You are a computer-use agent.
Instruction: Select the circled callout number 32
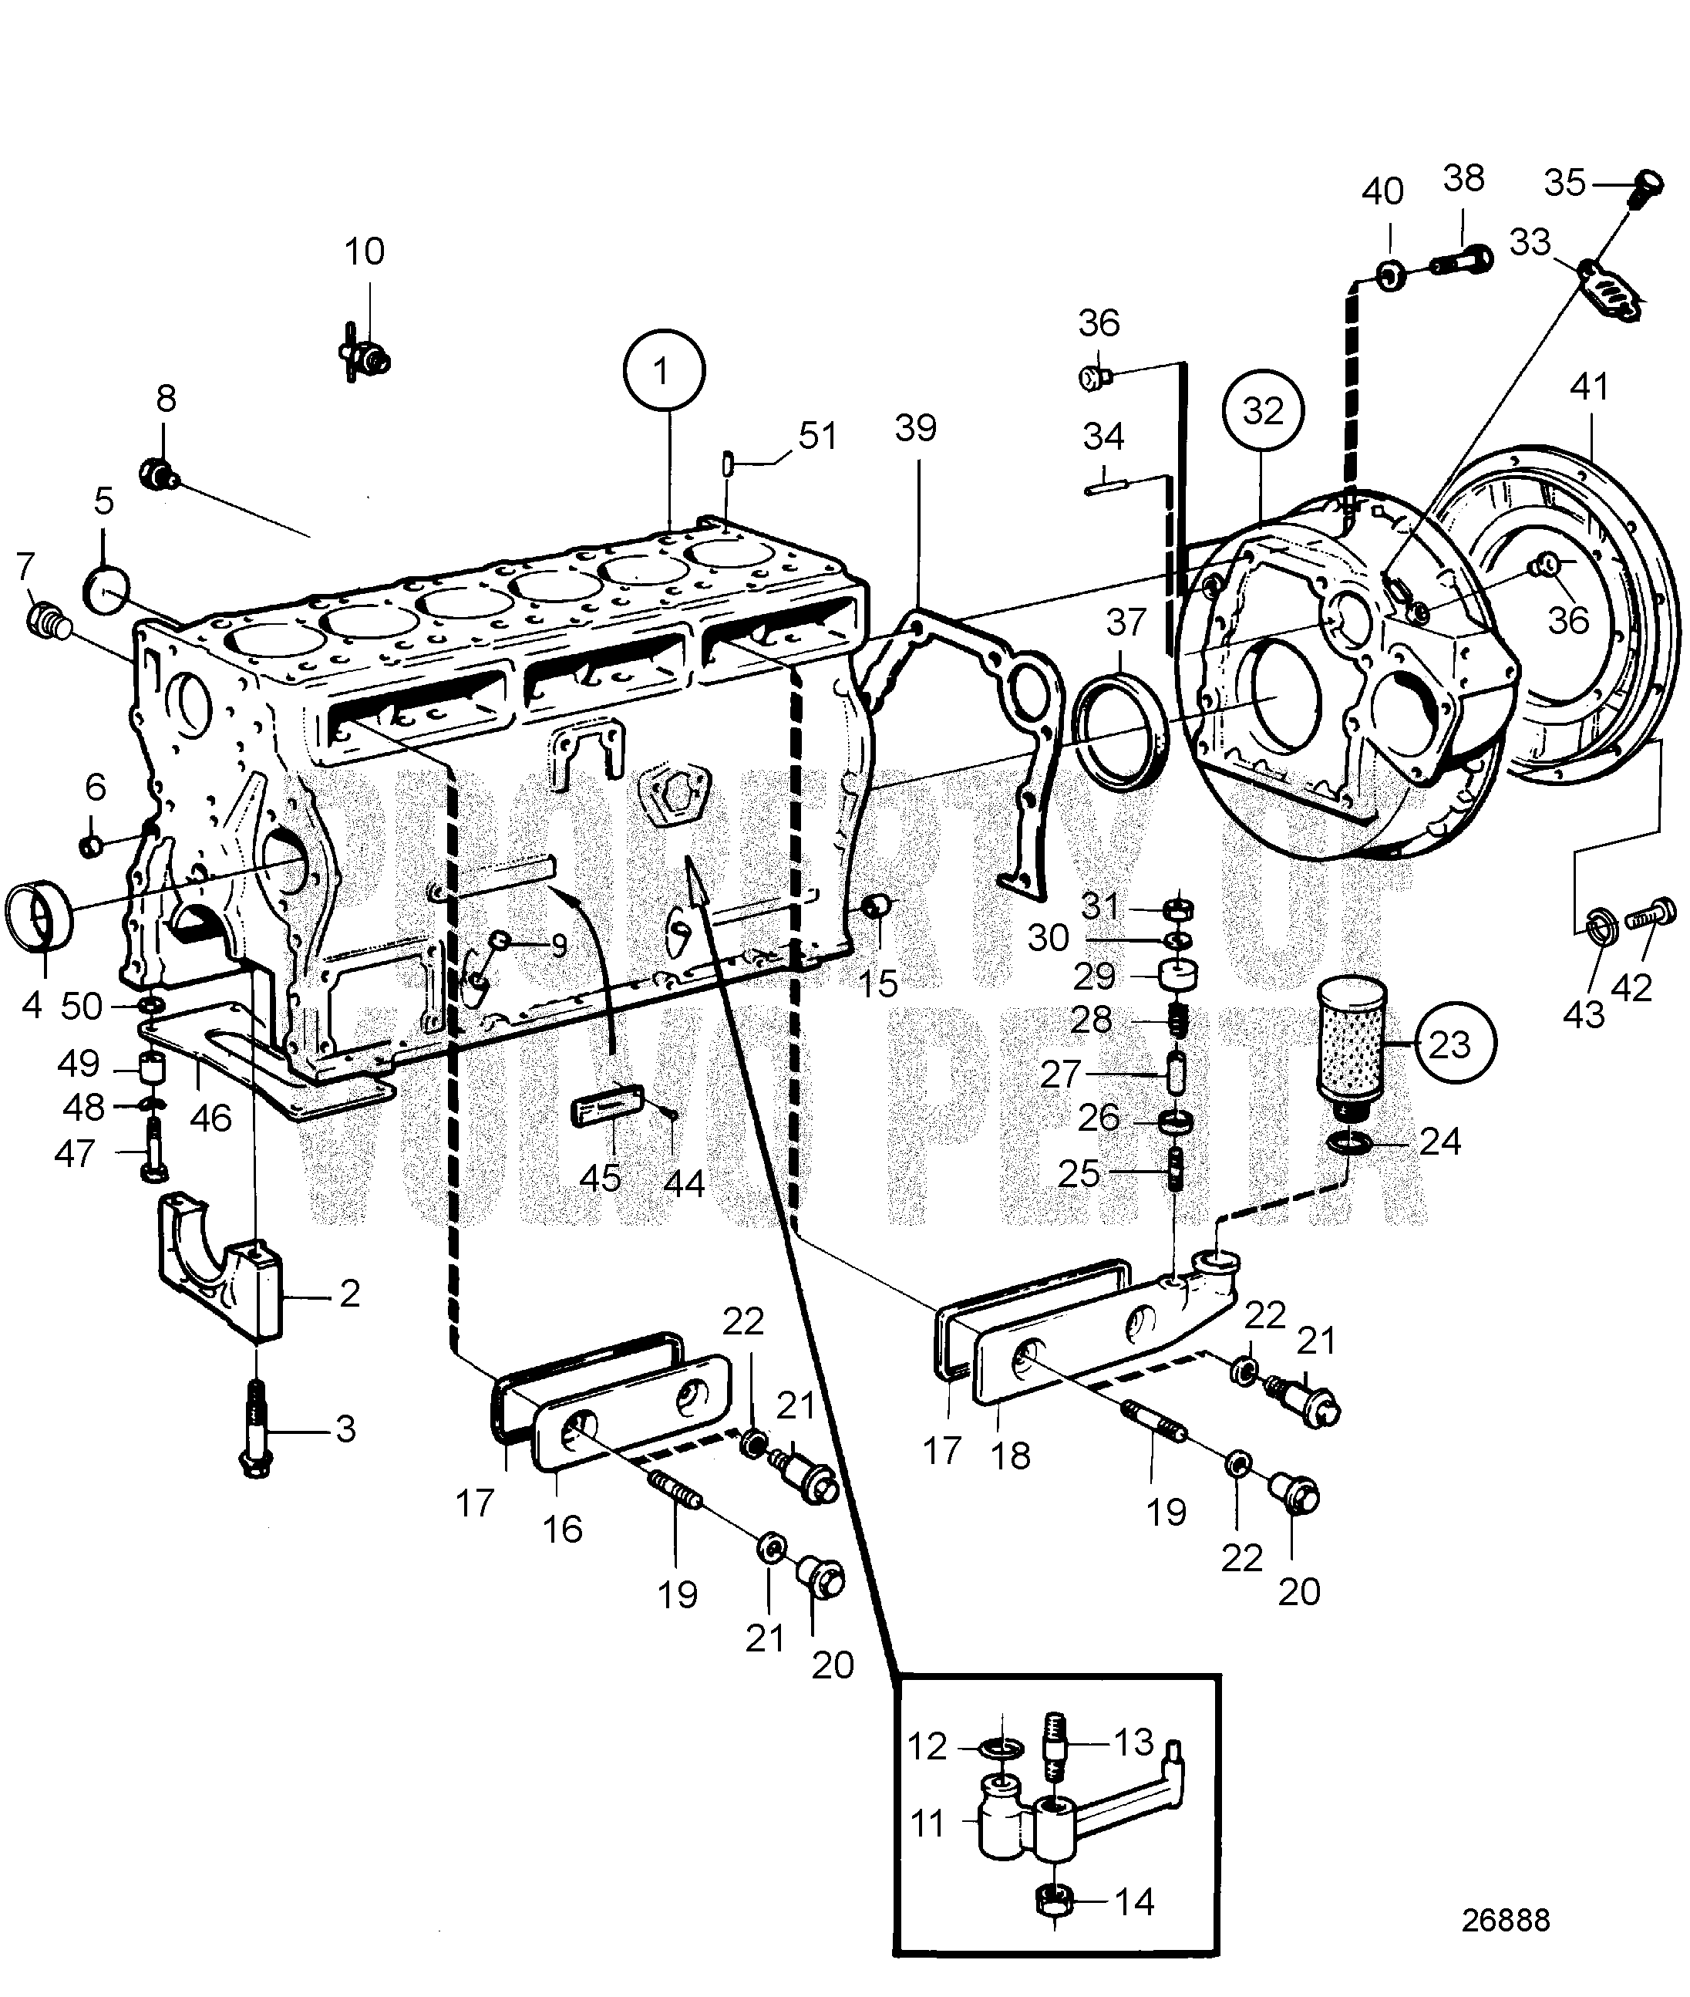[1264, 411]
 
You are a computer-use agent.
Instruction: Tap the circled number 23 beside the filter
[1449, 1044]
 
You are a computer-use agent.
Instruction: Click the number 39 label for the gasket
[916, 428]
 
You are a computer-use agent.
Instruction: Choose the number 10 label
[364, 251]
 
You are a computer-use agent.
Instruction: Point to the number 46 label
[212, 1118]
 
